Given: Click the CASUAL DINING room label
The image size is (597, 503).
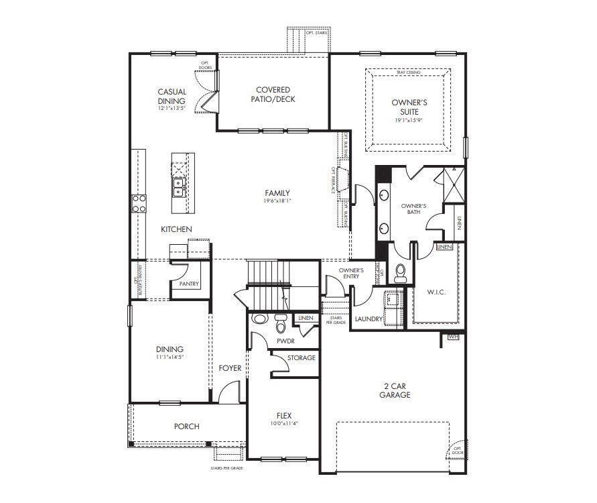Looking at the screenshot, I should tap(172, 97).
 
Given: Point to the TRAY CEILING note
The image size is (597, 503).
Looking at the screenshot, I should tap(407, 72).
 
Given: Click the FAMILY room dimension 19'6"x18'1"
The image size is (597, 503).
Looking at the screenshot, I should tap(277, 201).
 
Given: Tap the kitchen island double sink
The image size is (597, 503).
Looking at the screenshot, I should tap(180, 186).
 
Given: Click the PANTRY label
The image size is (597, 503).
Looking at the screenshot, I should tap(189, 284).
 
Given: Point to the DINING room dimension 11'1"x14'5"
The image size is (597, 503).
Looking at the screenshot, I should tap(170, 357).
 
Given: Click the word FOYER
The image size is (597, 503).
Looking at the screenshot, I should tap(230, 368).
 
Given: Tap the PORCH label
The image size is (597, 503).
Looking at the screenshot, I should tap(186, 427).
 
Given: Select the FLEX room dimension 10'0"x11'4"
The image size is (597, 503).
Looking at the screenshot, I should tap(284, 423).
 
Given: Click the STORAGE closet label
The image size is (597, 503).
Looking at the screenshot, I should tap(301, 358).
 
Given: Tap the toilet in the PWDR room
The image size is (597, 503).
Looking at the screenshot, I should tap(280, 323).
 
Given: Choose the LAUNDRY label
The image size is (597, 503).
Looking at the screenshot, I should tap(368, 319).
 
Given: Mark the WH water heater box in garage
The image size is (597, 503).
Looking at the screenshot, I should tap(453, 336).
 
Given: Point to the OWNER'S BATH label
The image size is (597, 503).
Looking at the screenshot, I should tap(413, 209).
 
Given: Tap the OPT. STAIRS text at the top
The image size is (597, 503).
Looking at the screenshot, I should tap(316, 32).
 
